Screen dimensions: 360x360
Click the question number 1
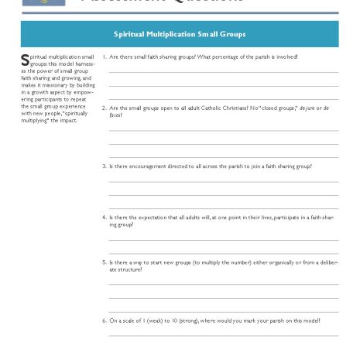105,57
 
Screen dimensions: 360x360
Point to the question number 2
105,108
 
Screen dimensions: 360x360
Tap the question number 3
105,166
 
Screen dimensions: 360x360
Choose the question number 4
105,217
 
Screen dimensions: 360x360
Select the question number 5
105,262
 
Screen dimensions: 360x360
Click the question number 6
105,320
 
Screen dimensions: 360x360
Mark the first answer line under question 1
223,72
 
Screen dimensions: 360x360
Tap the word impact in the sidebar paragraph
69,121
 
